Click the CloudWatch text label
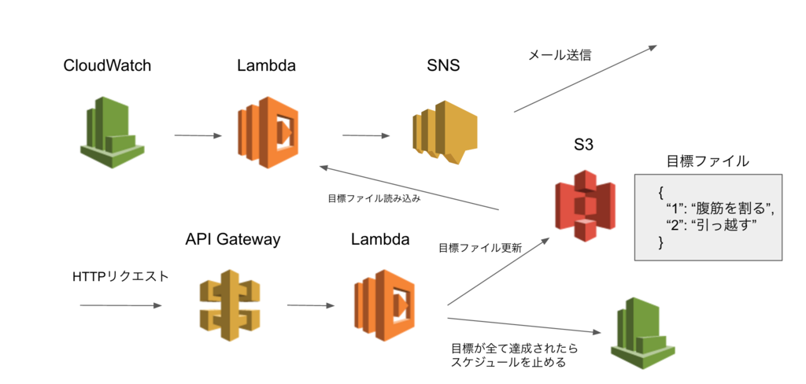click(107, 65)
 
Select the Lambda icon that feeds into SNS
click(268, 131)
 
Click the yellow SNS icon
click(444, 132)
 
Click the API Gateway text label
click(233, 239)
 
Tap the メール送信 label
click(559, 56)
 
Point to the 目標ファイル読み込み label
click(374, 198)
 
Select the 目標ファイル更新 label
click(479, 247)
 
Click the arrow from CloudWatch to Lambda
click(198, 135)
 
